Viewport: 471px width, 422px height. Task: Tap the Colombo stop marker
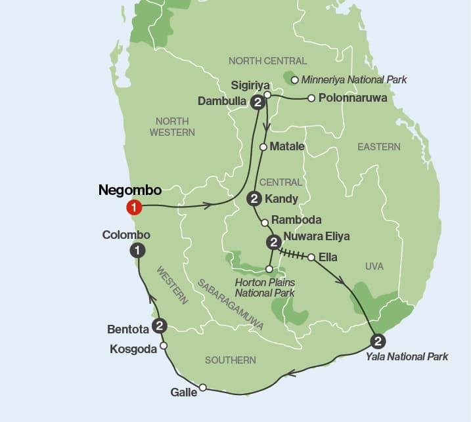137,249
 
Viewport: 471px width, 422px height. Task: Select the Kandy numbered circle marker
254,198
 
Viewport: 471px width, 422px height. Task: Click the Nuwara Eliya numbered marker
273,243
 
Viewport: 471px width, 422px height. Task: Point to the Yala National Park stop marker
378,341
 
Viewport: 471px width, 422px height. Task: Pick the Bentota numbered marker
159,326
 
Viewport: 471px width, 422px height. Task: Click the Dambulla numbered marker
258,102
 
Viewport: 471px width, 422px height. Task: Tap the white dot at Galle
203,387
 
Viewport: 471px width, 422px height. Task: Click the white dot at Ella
311,257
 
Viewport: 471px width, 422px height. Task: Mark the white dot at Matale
263,147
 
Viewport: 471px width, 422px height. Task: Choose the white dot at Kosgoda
164,345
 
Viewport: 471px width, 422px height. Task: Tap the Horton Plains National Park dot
269,268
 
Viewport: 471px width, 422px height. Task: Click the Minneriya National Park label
354,80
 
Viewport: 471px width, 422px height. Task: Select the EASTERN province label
378,147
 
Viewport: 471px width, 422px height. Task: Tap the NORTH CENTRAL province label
267,61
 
